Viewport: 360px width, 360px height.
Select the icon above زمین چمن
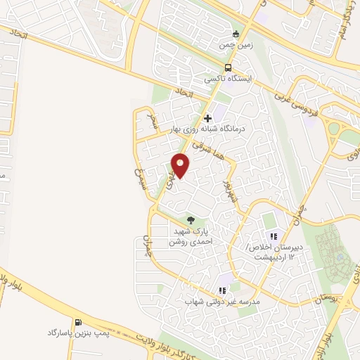click(x=236, y=33)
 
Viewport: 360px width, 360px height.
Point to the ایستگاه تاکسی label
click(x=232, y=79)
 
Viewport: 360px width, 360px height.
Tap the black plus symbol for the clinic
click(x=207, y=118)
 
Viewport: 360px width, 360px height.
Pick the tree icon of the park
click(x=191, y=220)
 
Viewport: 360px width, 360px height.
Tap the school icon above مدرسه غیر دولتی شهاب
click(x=222, y=290)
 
